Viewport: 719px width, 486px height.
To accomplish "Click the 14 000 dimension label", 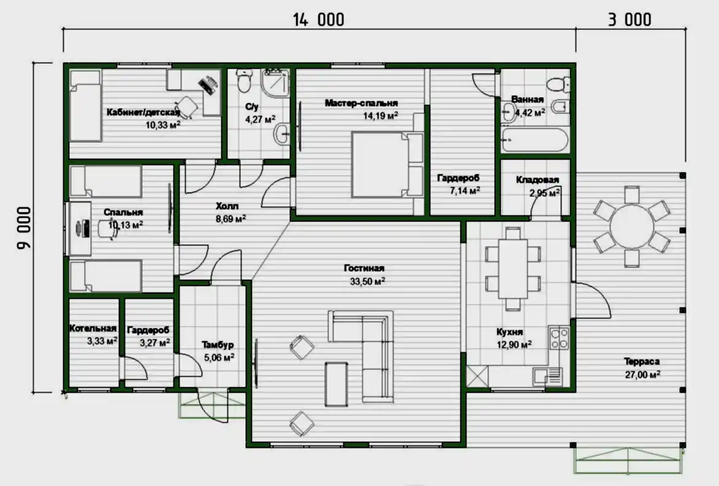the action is [x=319, y=20].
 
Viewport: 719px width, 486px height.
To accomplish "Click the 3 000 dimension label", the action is [x=630, y=20].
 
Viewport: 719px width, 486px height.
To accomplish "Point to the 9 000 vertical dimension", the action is [x=25, y=228].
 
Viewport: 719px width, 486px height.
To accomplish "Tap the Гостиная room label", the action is [x=364, y=268].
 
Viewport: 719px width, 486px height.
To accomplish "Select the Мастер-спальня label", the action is [x=361, y=103].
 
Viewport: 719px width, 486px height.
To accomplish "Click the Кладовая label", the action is [x=538, y=179].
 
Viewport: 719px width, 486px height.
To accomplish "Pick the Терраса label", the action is [x=642, y=361].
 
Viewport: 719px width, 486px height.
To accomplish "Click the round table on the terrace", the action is [x=632, y=226].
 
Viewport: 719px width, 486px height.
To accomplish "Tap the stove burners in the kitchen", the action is [x=559, y=338].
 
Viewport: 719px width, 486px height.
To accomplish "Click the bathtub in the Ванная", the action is [x=534, y=139].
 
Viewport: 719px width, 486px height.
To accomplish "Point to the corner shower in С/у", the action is [x=276, y=83].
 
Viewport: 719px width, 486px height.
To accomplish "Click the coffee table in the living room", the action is [x=336, y=384].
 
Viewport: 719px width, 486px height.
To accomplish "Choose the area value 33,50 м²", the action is [x=367, y=281].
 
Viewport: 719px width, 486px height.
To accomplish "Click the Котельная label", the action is [x=93, y=328].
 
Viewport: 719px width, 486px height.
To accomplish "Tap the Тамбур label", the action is [x=218, y=344].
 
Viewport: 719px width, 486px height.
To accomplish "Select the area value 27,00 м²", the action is [x=642, y=374].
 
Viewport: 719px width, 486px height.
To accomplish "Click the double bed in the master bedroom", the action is [x=387, y=164].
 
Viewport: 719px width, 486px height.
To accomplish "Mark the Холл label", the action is [x=227, y=206].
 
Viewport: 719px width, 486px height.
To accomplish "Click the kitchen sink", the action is [x=547, y=377].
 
